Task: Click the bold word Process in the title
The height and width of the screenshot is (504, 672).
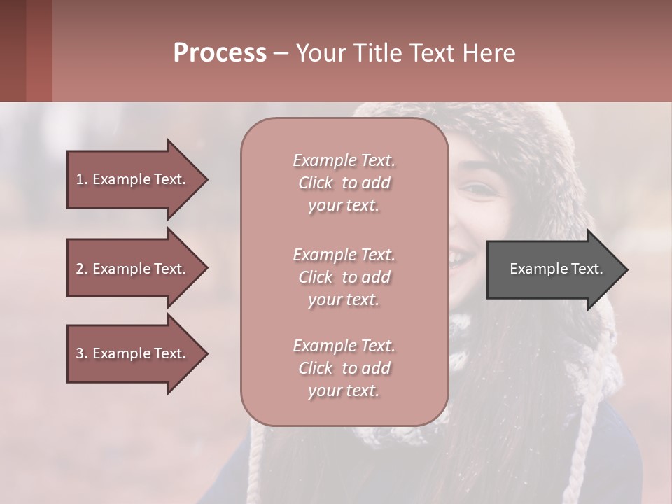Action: tap(220, 53)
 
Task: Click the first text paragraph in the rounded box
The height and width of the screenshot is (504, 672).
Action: tap(344, 183)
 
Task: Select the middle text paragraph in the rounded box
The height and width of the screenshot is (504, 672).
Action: tap(344, 277)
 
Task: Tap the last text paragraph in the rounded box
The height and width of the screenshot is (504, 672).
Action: tap(344, 368)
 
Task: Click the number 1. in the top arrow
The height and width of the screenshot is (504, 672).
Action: tap(82, 179)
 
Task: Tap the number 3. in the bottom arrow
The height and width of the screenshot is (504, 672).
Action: tap(82, 353)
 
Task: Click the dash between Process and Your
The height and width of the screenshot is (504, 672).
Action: tap(281, 54)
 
